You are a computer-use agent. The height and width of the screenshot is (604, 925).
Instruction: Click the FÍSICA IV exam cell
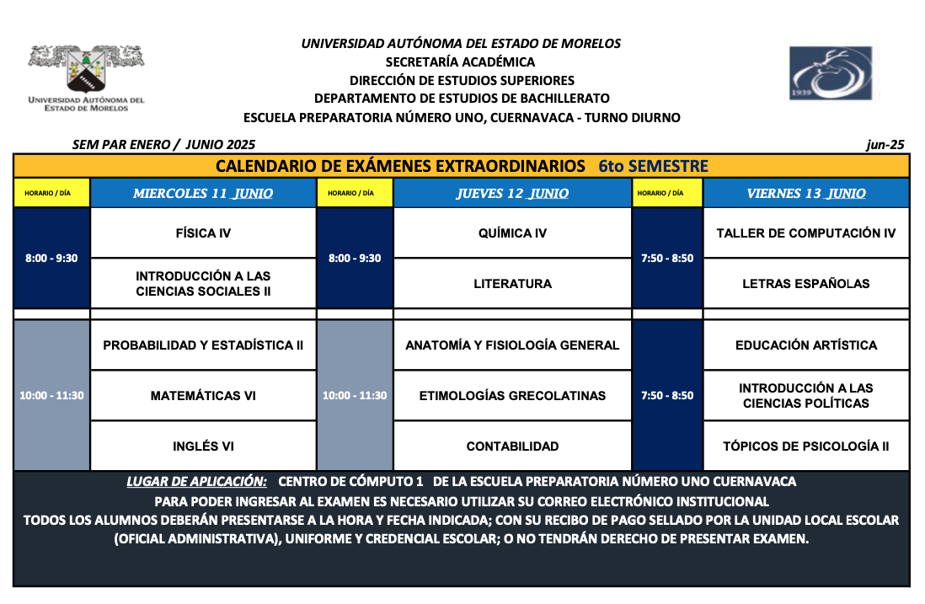pos(203,233)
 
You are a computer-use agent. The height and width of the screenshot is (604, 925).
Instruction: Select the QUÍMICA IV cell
pos(512,233)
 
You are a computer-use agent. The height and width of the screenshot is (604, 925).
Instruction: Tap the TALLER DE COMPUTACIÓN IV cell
pos(806,233)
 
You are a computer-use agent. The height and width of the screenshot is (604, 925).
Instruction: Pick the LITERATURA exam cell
pos(512,284)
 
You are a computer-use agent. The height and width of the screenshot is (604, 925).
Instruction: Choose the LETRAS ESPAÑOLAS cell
pos(806,284)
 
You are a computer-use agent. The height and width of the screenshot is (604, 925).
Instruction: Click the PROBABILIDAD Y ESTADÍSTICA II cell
pos(203,345)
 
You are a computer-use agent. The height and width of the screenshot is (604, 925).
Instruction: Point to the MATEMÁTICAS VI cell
pos(203,396)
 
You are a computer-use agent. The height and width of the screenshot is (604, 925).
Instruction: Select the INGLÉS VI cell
pos(203,446)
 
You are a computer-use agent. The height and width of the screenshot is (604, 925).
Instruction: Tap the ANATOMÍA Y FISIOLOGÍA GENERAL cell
pos(512,345)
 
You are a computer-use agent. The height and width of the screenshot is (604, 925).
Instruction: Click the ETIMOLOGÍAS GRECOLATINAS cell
pos(512,396)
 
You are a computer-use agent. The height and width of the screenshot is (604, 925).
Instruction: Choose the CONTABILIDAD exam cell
pos(512,446)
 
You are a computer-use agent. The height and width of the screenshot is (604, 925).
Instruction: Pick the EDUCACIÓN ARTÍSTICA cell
pos(806,345)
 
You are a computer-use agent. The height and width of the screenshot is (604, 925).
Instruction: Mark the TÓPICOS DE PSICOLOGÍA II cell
pos(806,446)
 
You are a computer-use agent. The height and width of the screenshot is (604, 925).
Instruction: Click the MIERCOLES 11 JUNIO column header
pos(203,194)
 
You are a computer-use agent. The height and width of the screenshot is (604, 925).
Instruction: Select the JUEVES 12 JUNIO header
pos(512,194)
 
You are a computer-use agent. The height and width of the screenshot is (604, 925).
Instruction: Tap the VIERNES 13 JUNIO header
pos(806,194)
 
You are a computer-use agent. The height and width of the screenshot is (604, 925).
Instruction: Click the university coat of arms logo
pos(86,71)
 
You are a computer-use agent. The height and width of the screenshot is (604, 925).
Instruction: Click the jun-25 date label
pos(885,145)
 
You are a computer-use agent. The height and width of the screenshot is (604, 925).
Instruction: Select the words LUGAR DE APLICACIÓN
pos(196,482)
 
